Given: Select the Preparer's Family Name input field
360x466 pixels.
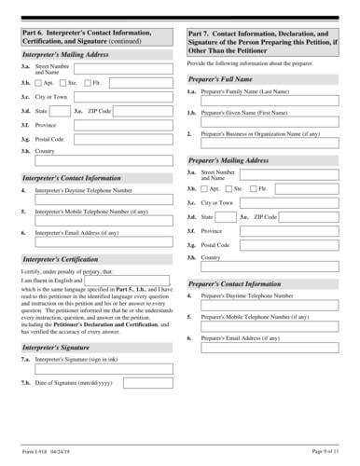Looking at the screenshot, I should click(x=270, y=103).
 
